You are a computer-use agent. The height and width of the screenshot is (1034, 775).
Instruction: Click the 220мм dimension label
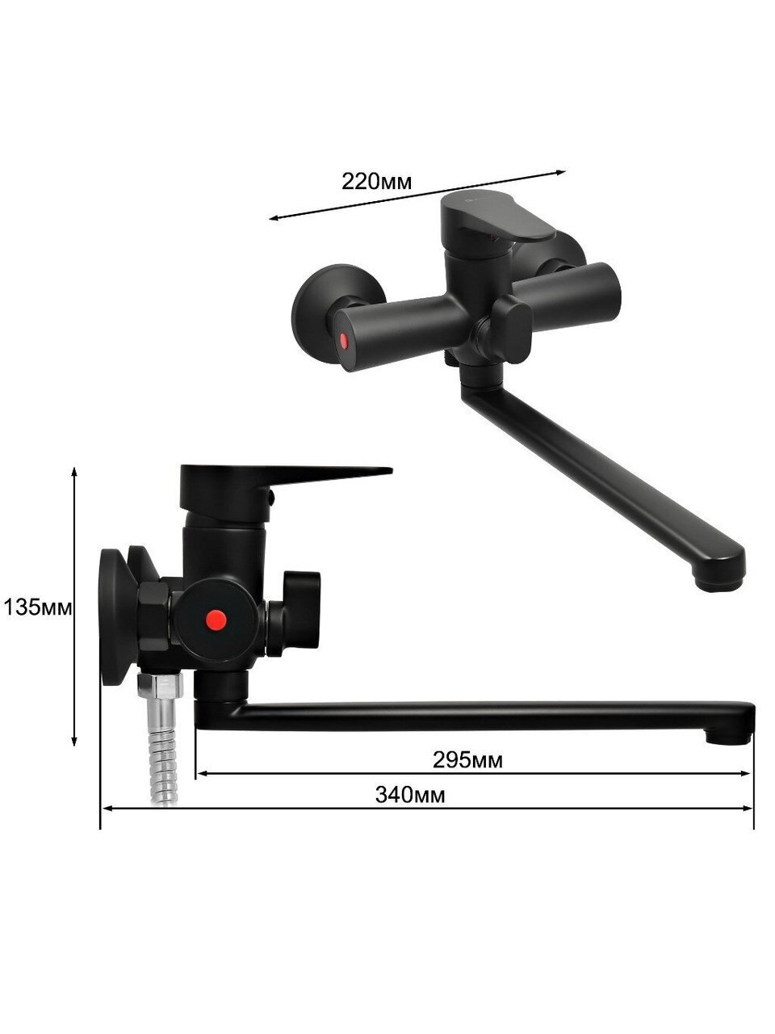[376, 182]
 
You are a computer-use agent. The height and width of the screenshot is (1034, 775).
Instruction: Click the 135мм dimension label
[38, 607]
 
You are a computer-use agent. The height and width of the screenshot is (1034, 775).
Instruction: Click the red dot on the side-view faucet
[216, 619]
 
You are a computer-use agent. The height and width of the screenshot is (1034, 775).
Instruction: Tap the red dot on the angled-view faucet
[345, 341]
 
